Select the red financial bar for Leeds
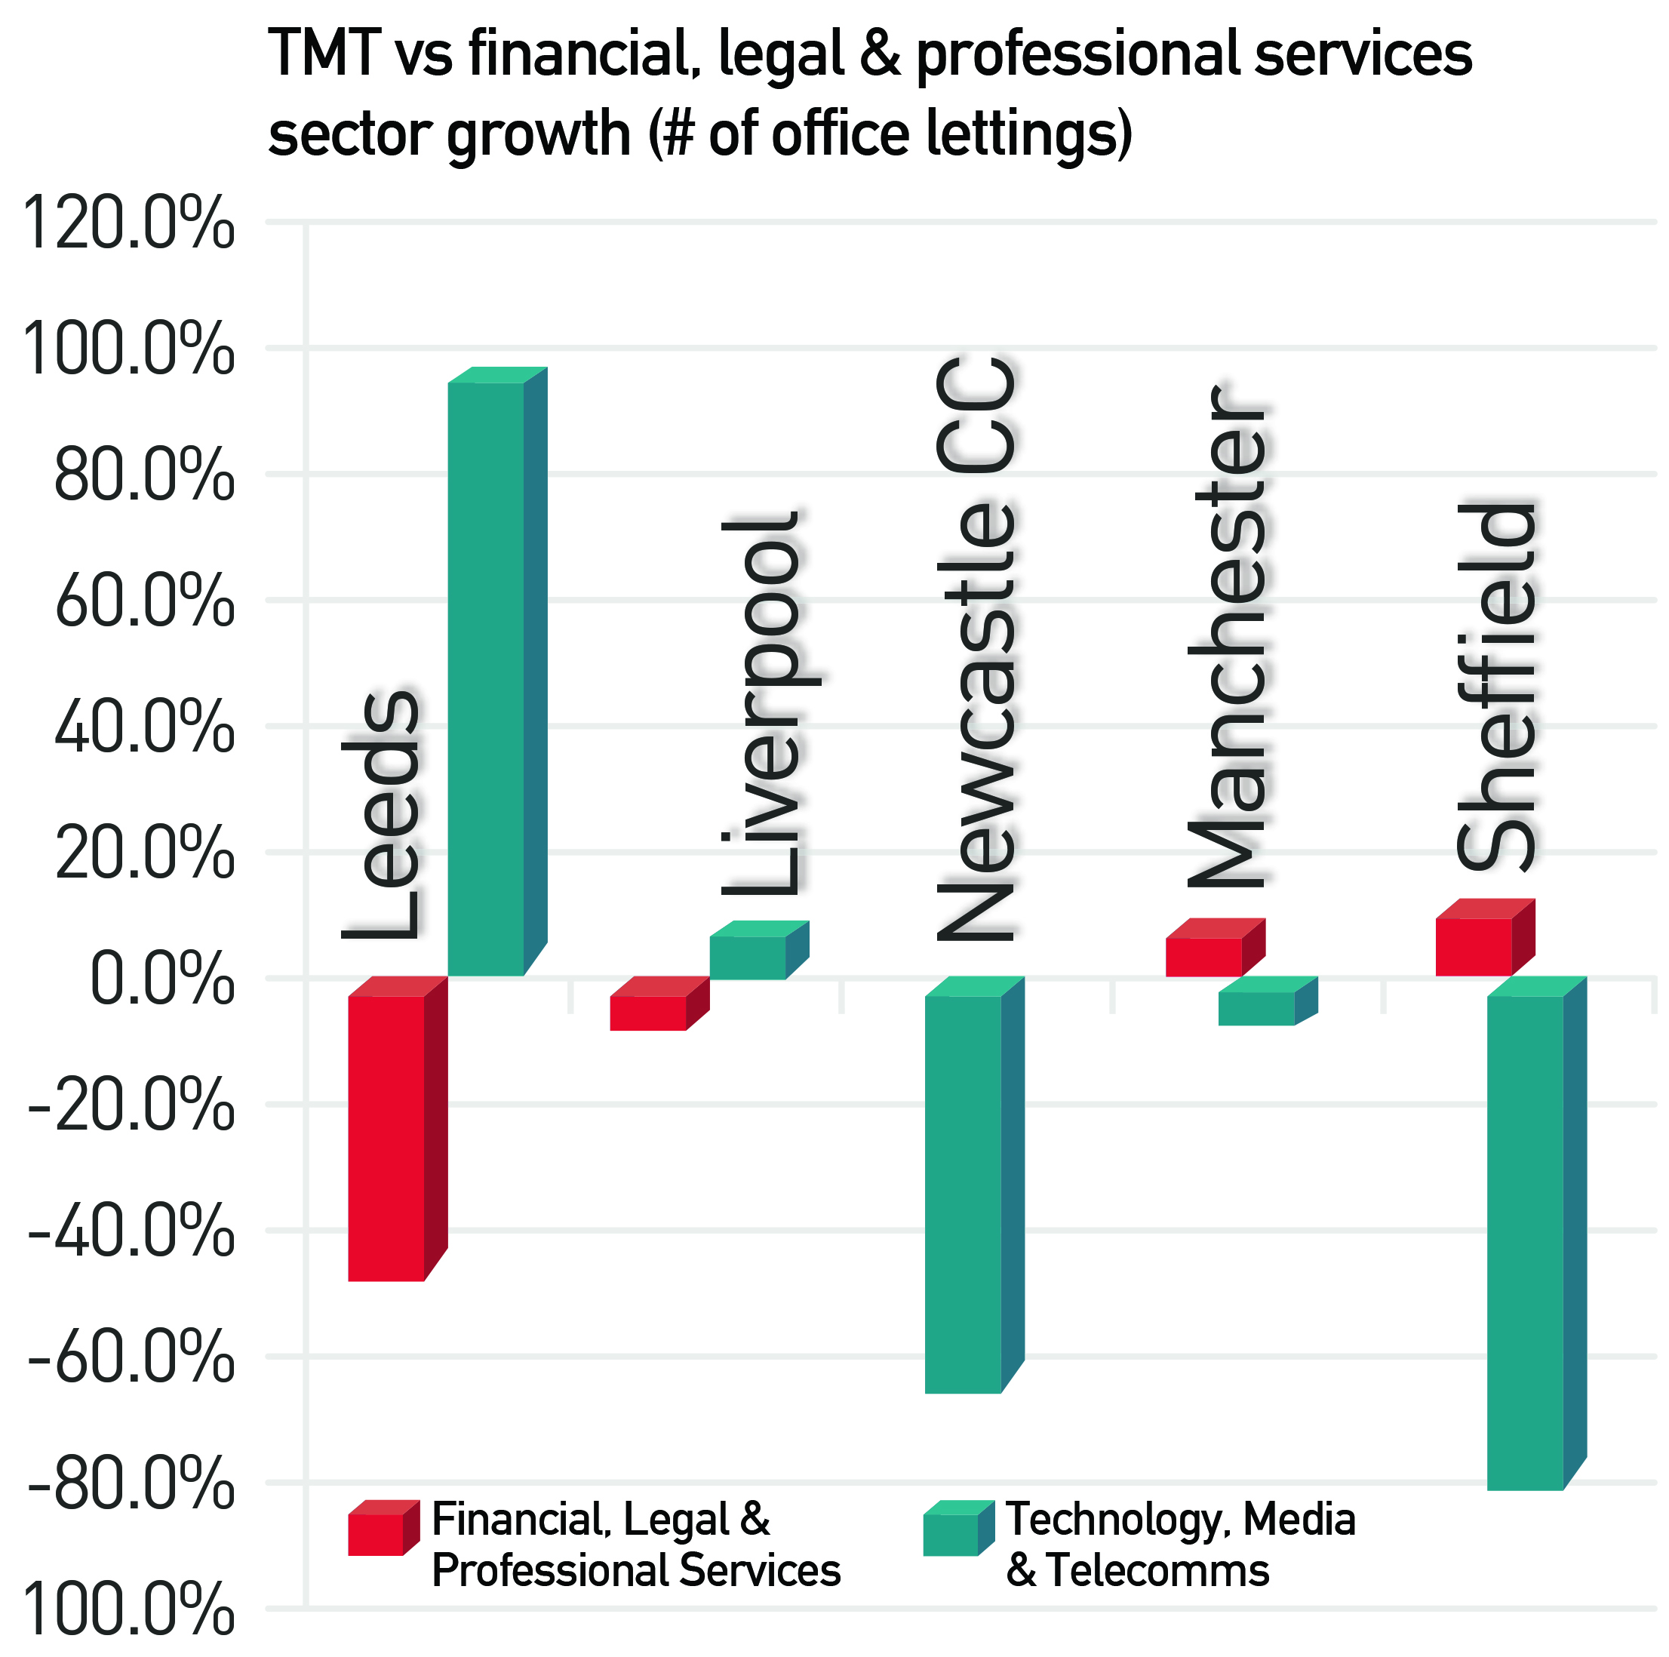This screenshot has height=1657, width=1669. [x=386, y=1138]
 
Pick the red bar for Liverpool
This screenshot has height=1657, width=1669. [x=648, y=1013]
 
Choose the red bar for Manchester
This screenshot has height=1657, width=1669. [x=1203, y=956]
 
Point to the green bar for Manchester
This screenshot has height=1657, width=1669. [x=1256, y=1008]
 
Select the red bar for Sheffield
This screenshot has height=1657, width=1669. [x=1473, y=947]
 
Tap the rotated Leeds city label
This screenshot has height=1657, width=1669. [x=381, y=816]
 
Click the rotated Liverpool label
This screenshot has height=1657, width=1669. [x=762, y=705]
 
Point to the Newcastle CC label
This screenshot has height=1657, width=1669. [x=977, y=648]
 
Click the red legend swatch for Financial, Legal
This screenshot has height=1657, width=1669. [x=377, y=1532]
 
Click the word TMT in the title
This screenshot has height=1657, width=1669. [x=324, y=54]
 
